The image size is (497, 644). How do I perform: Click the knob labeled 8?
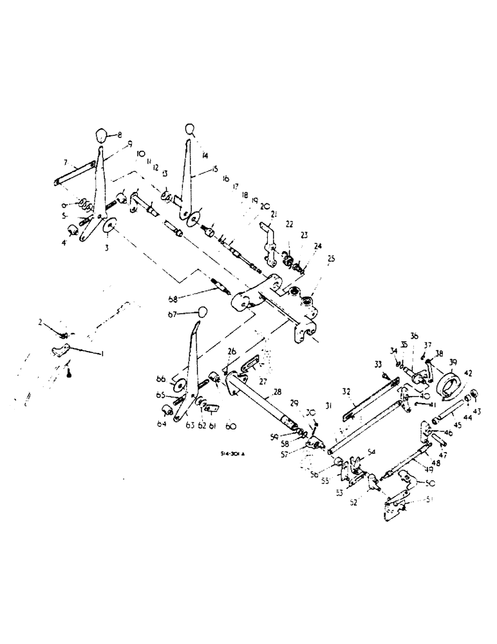(x=100, y=135)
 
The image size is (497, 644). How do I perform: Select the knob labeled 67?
(x=202, y=312)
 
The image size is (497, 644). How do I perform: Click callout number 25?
(x=332, y=260)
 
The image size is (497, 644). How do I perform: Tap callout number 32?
(x=346, y=390)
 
